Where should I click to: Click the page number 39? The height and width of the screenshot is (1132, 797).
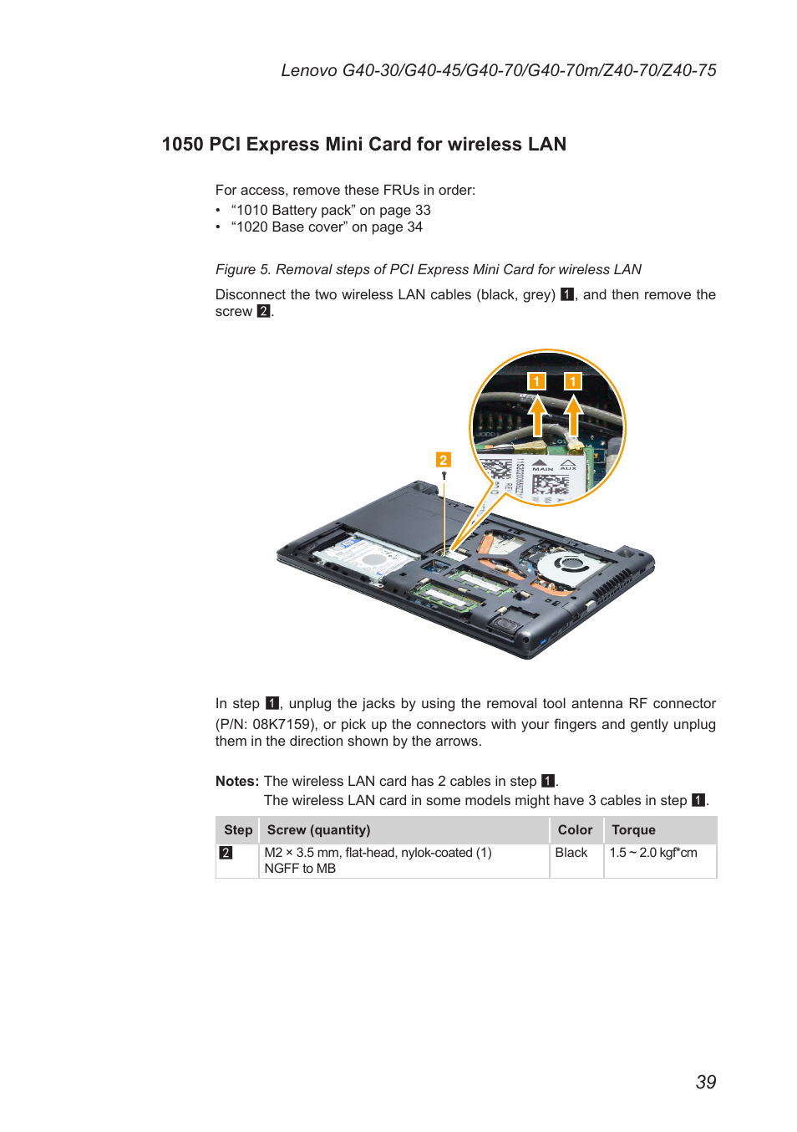coord(705,1082)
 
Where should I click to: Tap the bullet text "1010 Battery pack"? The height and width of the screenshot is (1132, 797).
coord(292,211)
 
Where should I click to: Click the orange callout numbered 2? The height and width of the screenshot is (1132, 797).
coord(443,460)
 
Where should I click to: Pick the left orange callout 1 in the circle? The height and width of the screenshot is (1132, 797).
coord(536,381)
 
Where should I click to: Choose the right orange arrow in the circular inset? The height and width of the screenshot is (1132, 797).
coord(573,414)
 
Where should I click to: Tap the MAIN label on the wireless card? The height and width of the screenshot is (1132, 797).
coord(542,468)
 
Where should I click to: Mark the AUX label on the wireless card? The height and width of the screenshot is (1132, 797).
coord(568,467)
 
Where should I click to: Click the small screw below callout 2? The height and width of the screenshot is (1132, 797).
coord(444,476)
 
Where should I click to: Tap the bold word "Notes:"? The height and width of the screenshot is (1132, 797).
coord(237,781)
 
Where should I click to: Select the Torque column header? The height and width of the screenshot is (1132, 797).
coord(633,830)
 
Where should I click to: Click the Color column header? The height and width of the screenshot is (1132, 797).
coord(575,830)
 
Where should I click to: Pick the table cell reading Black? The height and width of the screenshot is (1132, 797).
coord(571,853)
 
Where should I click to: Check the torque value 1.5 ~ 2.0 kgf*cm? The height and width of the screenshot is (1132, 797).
coord(653,853)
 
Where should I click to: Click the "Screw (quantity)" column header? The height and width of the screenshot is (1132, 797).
coord(318,830)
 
